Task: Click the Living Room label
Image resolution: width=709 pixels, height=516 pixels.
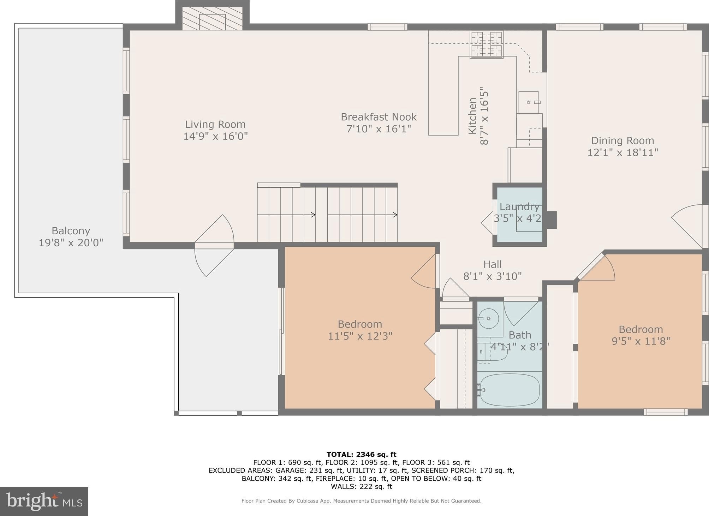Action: (215, 124)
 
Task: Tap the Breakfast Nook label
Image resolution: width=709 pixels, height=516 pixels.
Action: (379, 117)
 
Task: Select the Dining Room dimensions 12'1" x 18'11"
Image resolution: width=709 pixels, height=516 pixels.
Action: (622, 152)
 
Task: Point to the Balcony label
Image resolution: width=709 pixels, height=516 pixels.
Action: (71, 231)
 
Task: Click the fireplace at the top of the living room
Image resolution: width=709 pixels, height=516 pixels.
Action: (213, 18)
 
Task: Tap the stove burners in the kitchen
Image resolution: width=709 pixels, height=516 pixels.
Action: (487, 44)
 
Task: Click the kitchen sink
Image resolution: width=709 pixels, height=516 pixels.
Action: (529, 102)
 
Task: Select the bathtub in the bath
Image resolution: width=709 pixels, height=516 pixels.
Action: (510, 390)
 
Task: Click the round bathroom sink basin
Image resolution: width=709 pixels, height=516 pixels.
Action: (489, 318)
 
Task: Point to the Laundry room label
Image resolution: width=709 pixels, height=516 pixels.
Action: (519, 206)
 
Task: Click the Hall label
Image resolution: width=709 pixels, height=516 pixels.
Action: (493, 264)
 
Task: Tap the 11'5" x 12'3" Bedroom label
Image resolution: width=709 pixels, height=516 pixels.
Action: (360, 330)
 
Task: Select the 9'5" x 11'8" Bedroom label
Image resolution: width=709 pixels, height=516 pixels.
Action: (641, 335)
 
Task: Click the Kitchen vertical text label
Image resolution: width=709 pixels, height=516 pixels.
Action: (472, 116)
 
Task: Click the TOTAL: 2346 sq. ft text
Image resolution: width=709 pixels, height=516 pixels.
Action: (362, 455)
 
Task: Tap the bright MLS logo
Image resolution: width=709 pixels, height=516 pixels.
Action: (44, 502)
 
